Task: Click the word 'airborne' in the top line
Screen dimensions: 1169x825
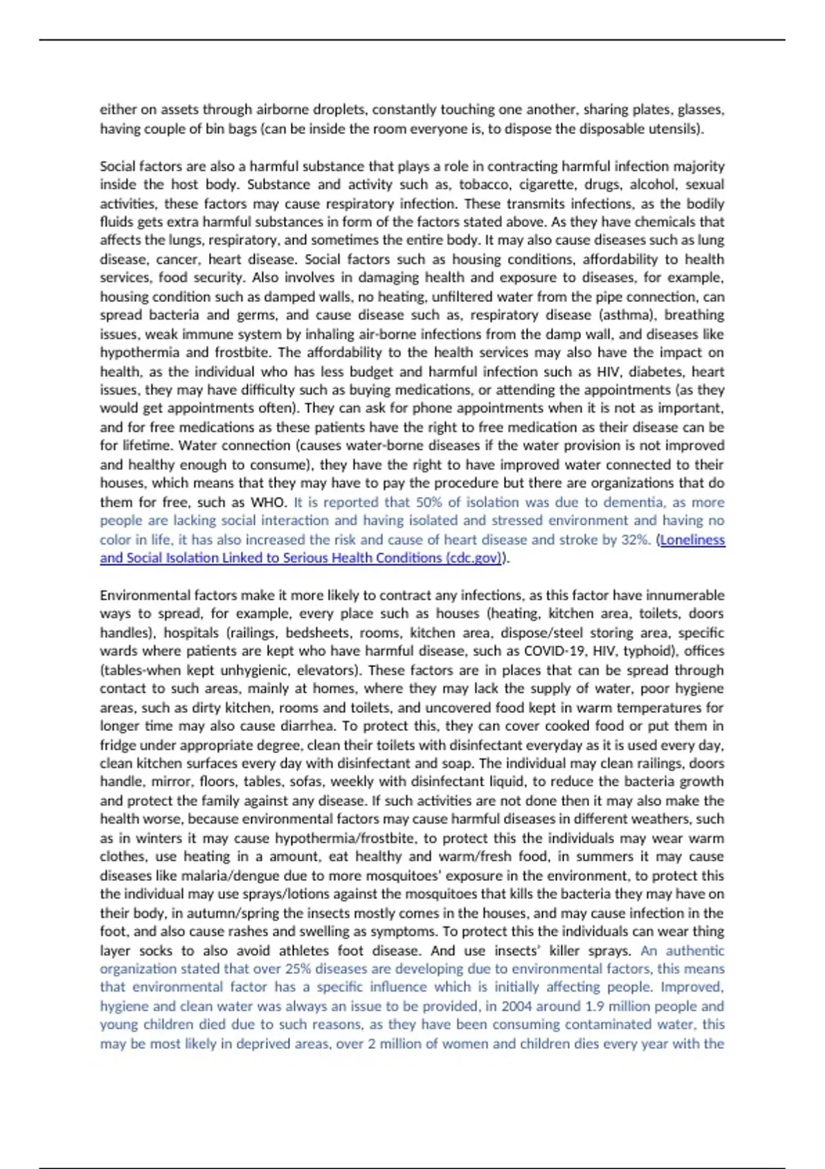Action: pos(282,109)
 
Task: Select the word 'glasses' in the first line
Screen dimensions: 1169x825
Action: pos(700,109)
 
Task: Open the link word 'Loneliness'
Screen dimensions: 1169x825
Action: pos(692,540)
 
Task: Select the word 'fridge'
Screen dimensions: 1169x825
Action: pos(118,745)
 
